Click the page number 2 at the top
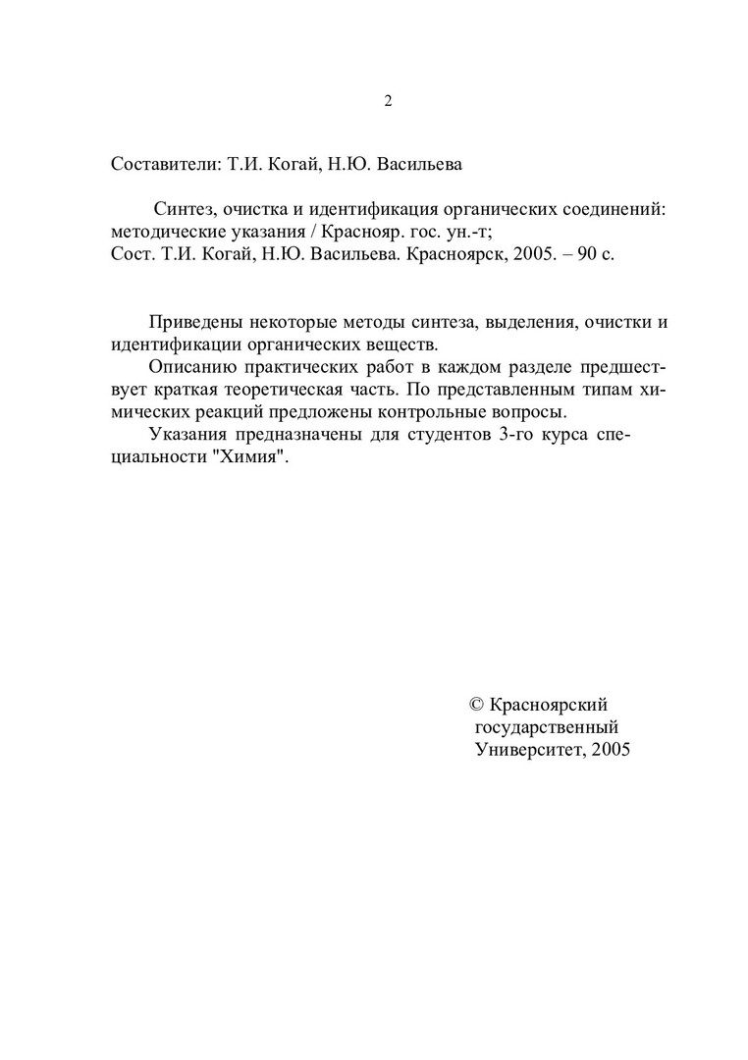click(x=388, y=101)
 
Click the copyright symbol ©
click(x=477, y=705)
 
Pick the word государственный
click(x=546, y=727)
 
